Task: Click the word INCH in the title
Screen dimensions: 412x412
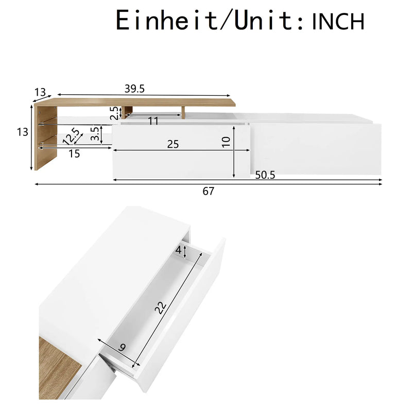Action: coord(338,22)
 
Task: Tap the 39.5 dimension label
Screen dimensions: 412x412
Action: coord(134,89)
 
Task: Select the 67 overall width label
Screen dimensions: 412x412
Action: coord(208,191)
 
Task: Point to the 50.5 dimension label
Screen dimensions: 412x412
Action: coord(265,175)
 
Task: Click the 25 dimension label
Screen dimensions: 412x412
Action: coord(173,144)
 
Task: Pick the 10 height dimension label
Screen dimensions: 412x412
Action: coord(226,142)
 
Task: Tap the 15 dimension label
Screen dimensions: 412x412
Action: coord(74,153)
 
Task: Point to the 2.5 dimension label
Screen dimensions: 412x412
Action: coord(114,113)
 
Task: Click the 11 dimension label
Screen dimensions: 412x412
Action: coord(153,121)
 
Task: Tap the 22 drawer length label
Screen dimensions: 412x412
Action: coord(161,308)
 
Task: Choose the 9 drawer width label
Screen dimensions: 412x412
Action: coord(122,347)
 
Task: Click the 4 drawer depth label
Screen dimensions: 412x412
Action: coord(178,250)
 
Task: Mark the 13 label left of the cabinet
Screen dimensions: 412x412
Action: coord(22,132)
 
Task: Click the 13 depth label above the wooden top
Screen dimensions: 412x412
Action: coord(40,92)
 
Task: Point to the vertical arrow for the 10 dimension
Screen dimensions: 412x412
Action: coord(234,152)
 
